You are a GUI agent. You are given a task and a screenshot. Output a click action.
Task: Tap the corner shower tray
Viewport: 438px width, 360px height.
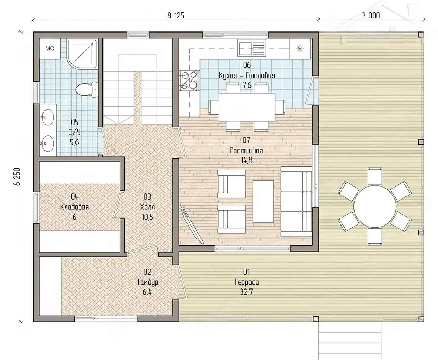(x=82, y=54)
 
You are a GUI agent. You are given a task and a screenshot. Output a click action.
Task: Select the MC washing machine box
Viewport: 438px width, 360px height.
(x=50, y=49)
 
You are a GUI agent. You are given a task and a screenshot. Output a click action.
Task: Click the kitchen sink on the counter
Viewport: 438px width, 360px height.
(x=252, y=48)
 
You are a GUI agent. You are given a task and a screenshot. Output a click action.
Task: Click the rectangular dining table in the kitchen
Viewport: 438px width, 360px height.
(x=247, y=107)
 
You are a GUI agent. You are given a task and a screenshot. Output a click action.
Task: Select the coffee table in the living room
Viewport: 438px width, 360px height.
(x=263, y=202)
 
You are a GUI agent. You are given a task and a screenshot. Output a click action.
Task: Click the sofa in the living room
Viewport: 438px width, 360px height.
(x=296, y=202)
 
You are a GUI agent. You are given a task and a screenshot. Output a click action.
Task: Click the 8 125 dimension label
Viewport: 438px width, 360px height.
(x=176, y=16)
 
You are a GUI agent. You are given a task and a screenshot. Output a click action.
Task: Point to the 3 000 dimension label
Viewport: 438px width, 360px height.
(x=371, y=16)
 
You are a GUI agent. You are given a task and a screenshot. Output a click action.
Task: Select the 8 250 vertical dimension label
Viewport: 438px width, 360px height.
(x=17, y=177)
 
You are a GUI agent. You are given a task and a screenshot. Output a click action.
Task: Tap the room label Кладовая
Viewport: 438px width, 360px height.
(x=74, y=207)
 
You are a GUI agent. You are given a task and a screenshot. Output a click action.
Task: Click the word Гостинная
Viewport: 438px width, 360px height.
(x=246, y=150)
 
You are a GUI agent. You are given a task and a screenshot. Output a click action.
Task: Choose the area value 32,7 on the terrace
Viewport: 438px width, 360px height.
(x=246, y=292)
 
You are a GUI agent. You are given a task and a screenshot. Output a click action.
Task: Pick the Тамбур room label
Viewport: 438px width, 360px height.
(x=147, y=282)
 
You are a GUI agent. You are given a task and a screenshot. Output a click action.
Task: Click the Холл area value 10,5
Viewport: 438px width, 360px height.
(x=147, y=217)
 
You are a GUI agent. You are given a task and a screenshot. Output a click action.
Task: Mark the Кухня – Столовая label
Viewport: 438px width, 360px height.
(x=247, y=75)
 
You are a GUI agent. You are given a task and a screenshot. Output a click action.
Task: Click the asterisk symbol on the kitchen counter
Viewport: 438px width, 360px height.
(x=300, y=49)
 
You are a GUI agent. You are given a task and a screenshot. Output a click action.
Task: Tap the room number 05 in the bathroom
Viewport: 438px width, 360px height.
(x=74, y=122)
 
